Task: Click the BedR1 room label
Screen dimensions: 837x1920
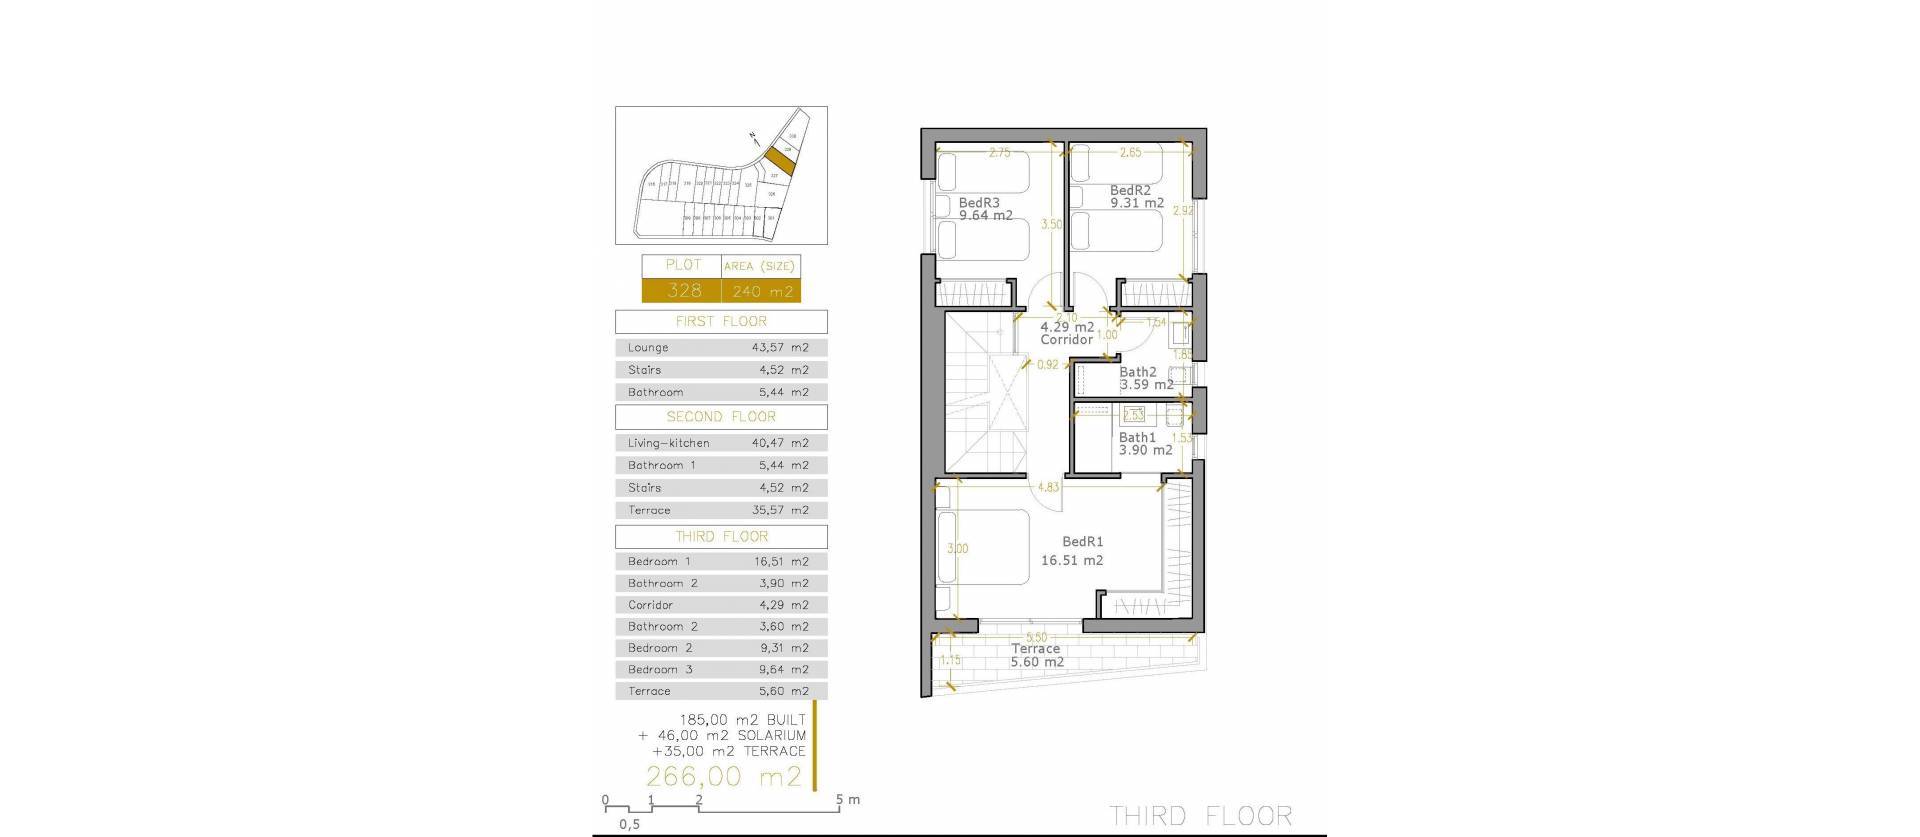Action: [x=1082, y=542]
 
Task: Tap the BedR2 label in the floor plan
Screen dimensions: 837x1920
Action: [x=1130, y=190]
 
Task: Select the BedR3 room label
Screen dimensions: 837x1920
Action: [x=979, y=202]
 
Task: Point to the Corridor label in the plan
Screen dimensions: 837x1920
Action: [x=1066, y=340]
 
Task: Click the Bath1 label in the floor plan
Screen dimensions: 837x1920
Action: [x=1137, y=437]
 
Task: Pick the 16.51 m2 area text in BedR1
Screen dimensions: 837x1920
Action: [x=1072, y=561]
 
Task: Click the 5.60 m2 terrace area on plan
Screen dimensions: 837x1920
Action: [x=1037, y=662]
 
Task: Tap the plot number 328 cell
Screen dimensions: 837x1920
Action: [x=684, y=291]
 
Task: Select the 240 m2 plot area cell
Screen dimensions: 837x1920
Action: [x=762, y=292]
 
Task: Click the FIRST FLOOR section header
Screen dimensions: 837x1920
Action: [x=721, y=322]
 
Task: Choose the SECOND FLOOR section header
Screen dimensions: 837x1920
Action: [x=721, y=417]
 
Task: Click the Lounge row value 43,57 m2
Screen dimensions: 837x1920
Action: [x=780, y=348]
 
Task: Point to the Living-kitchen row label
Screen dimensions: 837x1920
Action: [x=668, y=443]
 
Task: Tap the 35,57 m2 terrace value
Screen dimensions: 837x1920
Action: [x=780, y=510]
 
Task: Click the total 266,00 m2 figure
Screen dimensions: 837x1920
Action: [x=724, y=776]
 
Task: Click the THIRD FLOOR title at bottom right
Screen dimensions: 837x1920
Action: [x=1201, y=816]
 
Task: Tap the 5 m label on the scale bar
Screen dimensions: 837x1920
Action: [x=847, y=800]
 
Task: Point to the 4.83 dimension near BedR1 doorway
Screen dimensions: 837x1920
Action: [x=1048, y=488]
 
